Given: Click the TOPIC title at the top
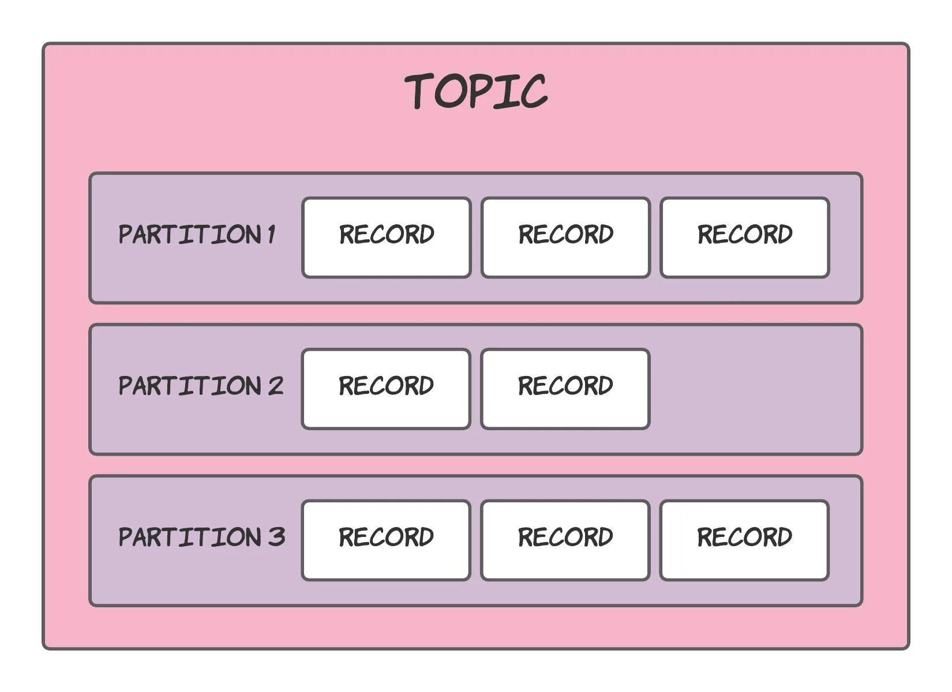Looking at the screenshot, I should click(x=476, y=91).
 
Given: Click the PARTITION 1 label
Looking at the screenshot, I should click(x=197, y=235).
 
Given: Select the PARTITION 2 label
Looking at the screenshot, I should click(x=201, y=386).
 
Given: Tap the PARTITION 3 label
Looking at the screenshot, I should click(x=201, y=537).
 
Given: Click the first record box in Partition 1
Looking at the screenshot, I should click(x=387, y=238).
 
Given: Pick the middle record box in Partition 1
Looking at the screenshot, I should click(x=566, y=238).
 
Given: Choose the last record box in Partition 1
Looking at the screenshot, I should click(x=745, y=238).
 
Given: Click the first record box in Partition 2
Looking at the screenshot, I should click(x=386, y=389).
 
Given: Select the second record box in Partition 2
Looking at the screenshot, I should click(x=565, y=389).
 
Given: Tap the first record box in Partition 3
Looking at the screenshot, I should click(x=386, y=540).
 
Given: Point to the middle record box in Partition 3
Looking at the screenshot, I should click(x=565, y=540).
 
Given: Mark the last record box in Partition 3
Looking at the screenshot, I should click(x=744, y=540).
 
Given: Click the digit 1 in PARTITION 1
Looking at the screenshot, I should click(x=271, y=235).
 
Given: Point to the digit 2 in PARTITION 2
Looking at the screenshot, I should click(x=275, y=386).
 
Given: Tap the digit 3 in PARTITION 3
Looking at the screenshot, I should click(x=276, y=537).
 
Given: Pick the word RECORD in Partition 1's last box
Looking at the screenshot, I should click(x=745, y=234).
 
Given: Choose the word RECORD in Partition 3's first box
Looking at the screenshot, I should click(x=386, y=537).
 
